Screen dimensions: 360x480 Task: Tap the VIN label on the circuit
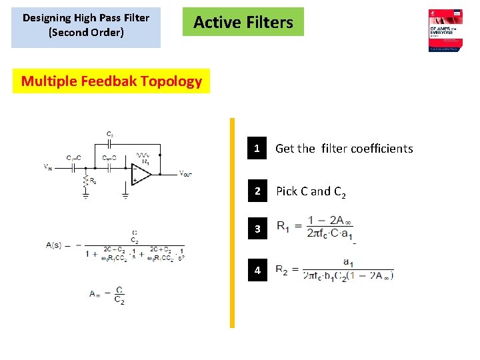click(50, 167)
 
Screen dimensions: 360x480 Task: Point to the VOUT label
click(185, 173)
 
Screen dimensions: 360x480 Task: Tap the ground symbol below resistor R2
click(85, 195)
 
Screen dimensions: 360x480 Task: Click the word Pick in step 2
click(287, 191)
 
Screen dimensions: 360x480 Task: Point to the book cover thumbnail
click(445, 30)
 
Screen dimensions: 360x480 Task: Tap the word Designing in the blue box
click(48, 17)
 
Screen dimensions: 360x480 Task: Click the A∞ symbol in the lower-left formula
click(97, 293)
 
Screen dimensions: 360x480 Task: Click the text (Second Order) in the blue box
click(86, 32)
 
